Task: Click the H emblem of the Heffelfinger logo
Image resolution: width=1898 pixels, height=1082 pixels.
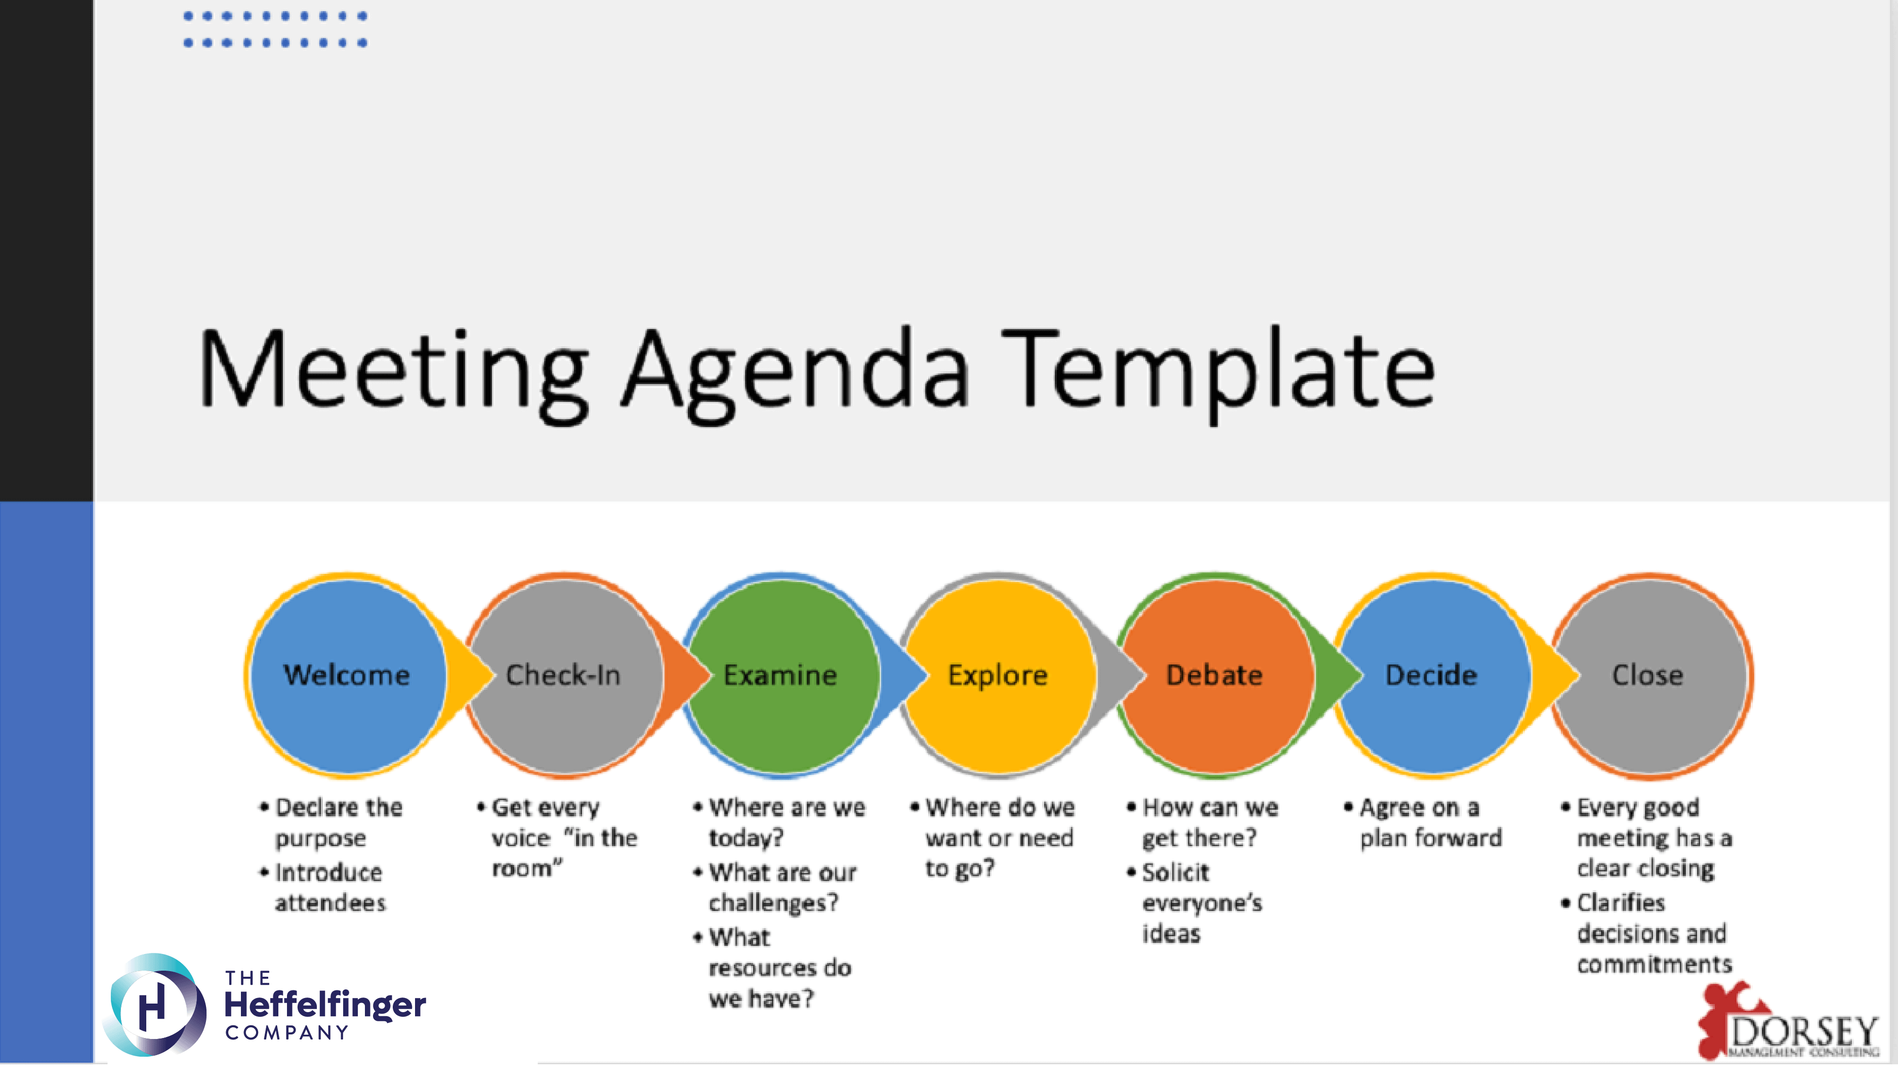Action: (x=154, y=1005)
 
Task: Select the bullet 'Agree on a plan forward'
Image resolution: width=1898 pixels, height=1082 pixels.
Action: (x=1423, y=823)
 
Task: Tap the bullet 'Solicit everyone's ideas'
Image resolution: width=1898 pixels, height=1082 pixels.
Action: (x=1195, y=903)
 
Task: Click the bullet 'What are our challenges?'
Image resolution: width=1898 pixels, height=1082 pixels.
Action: (x=775, y=888)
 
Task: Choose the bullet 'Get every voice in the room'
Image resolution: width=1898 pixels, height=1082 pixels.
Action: (x=557, y=838)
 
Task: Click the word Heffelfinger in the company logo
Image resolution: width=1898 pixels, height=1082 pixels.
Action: (x=325, y=1005)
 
